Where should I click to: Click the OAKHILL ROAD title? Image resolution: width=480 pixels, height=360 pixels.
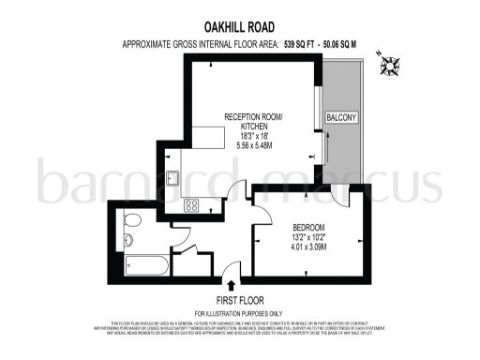click(239, 28)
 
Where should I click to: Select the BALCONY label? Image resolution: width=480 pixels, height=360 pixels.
click(341, 117)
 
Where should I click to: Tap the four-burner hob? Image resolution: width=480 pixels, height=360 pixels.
click(191, 206)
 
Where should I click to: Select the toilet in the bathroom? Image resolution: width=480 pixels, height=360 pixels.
click(132, 220)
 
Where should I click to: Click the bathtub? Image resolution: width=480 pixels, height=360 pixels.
click(142, 262)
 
